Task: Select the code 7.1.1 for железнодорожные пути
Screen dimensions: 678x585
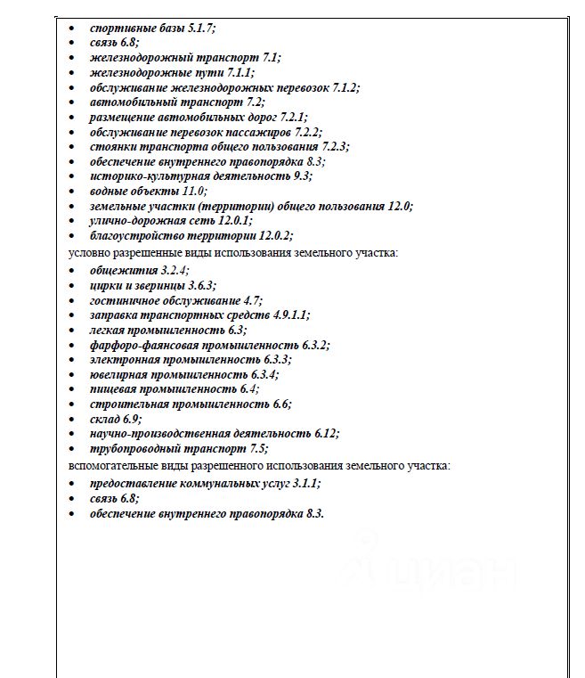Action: (239, 72)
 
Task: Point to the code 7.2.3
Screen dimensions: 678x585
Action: (334, 146)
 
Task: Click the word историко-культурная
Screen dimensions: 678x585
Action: (140, 176)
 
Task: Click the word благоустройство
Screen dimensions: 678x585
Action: (134, 235)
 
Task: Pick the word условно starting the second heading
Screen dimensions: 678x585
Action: (92, 252)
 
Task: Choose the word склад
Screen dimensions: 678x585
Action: (105, 419)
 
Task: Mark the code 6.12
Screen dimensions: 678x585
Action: (326, 434)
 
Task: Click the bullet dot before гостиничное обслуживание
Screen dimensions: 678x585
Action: (73, 300)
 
